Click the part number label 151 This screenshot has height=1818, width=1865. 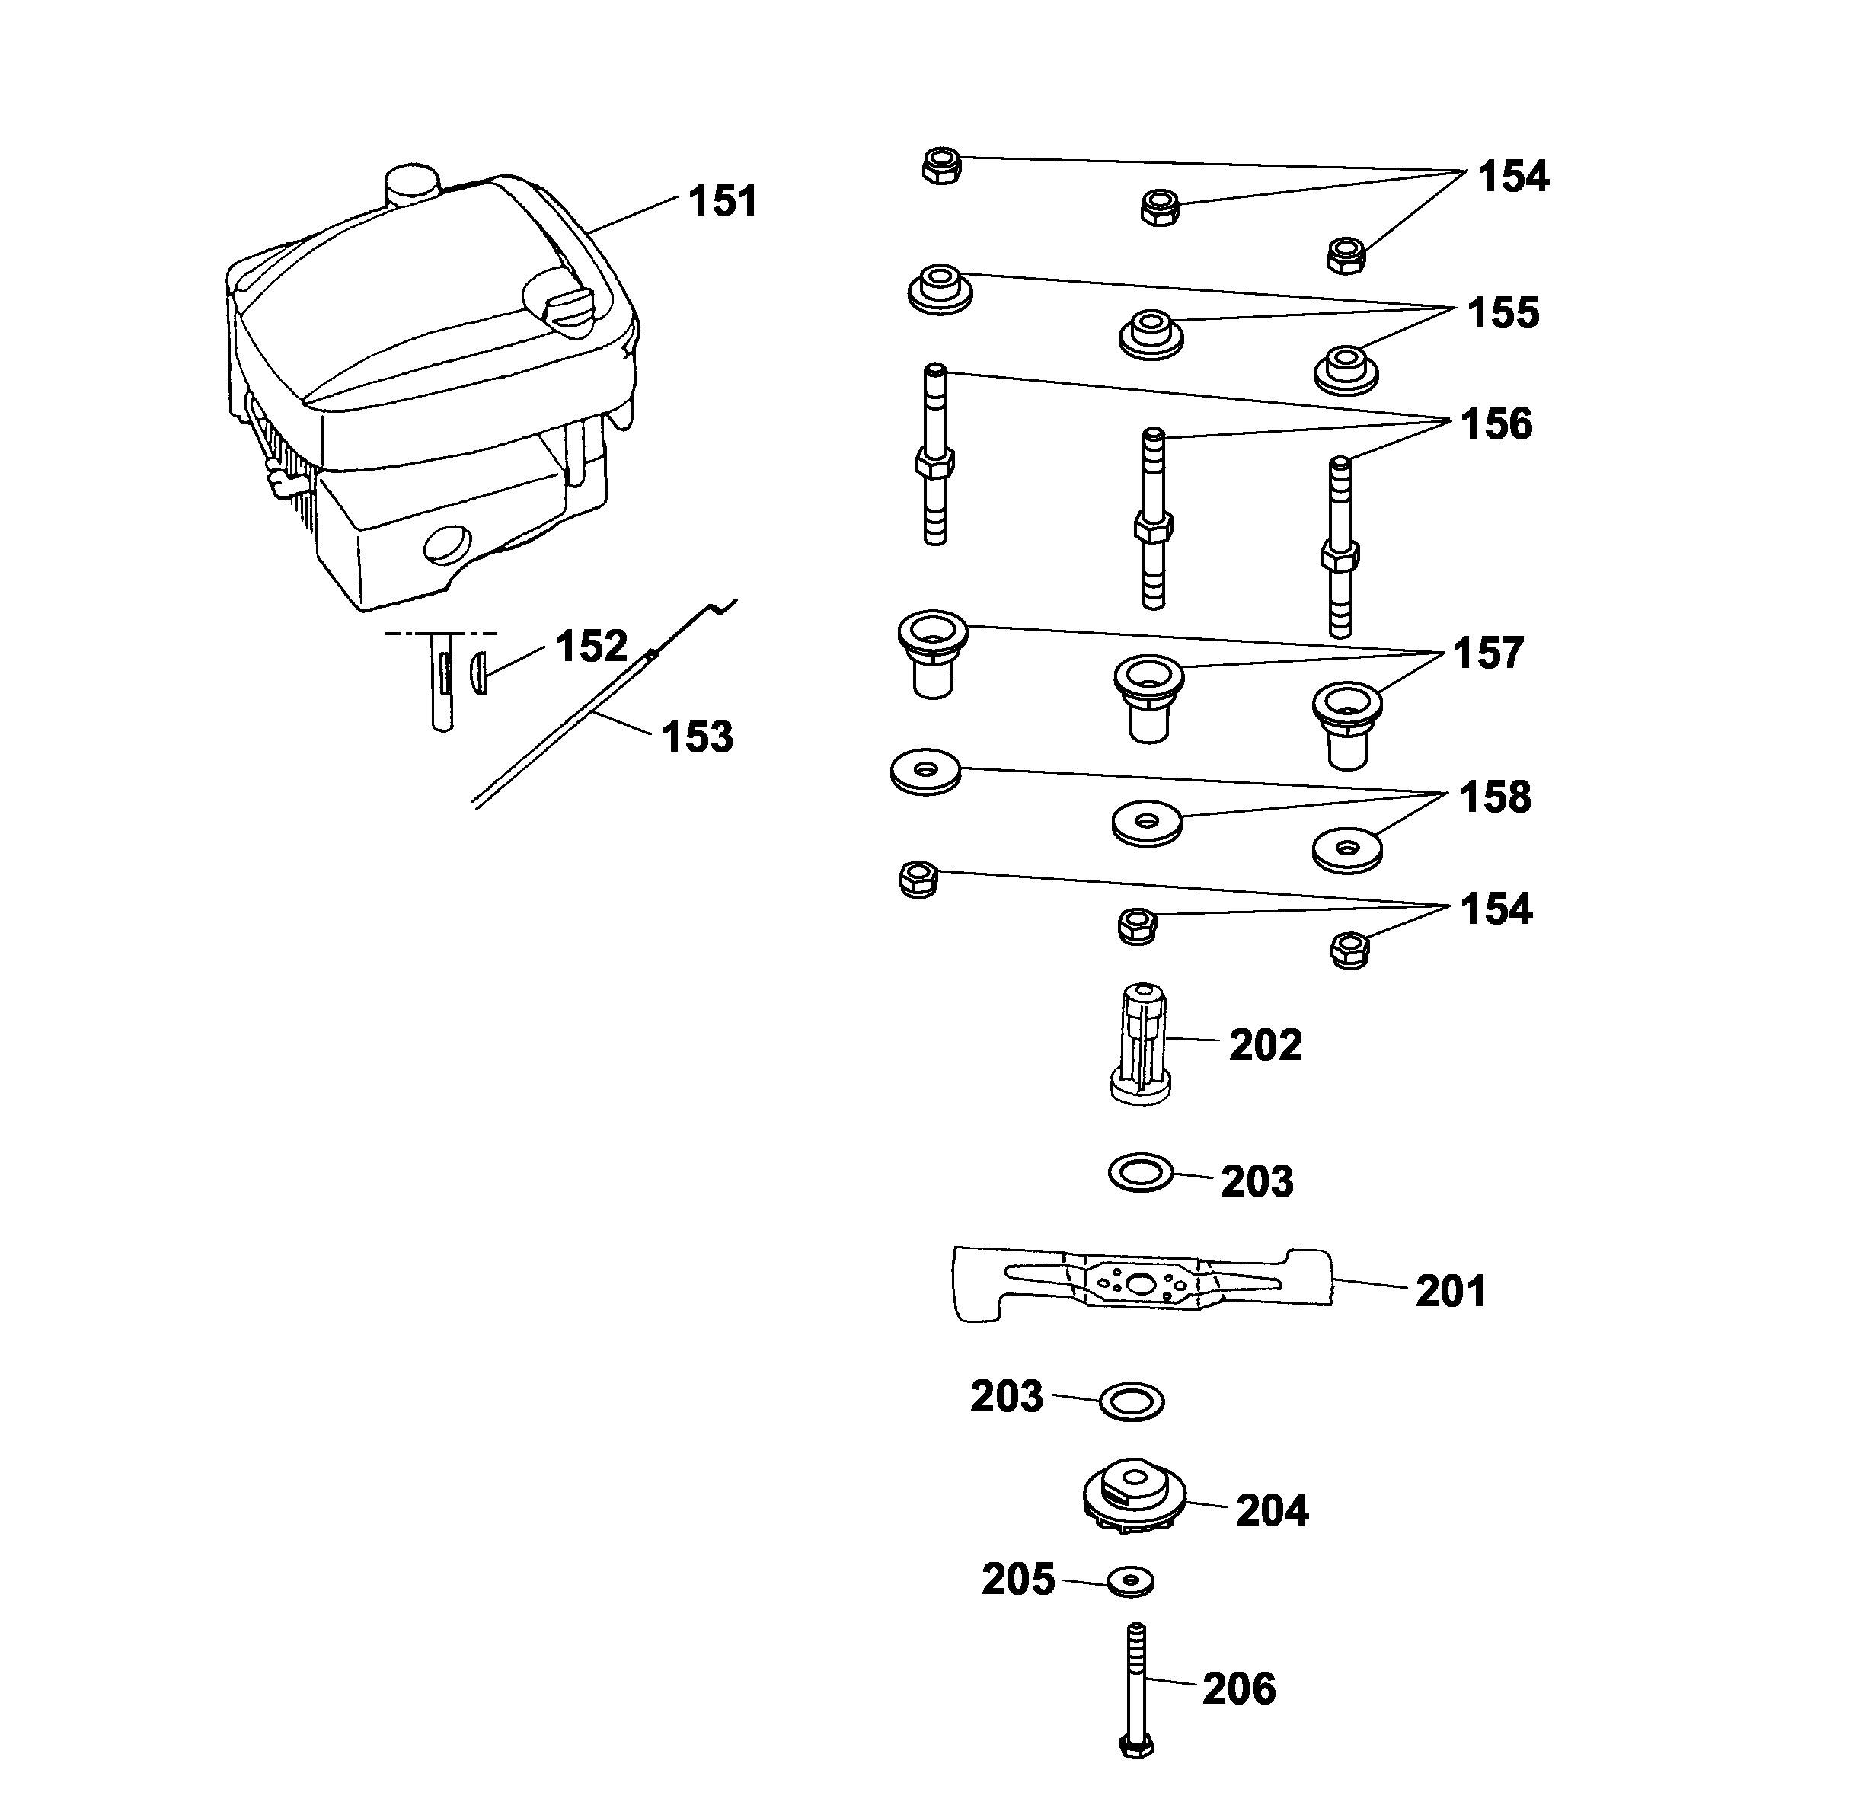pyautogui.click(x=722, y=202)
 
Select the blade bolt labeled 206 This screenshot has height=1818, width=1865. pyautogui.click(x=1136, y=1690)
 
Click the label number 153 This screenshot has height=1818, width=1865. pyautogui.click(x=697, y=737)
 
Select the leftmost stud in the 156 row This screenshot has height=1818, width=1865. pyautogui.click(x=936, y=458)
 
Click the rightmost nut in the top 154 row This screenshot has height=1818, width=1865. pyautogui.click(x=1346, y=255)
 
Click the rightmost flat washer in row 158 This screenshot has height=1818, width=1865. pyautogui.click(x=1346, y=848)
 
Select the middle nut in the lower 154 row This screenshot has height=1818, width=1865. pyautogui.click(x=1136, y=925)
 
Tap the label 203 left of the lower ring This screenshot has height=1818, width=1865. pyautogui.click(x=1007, y=1397)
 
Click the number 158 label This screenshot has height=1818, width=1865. pyautogui.click(x=1494, y=797)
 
